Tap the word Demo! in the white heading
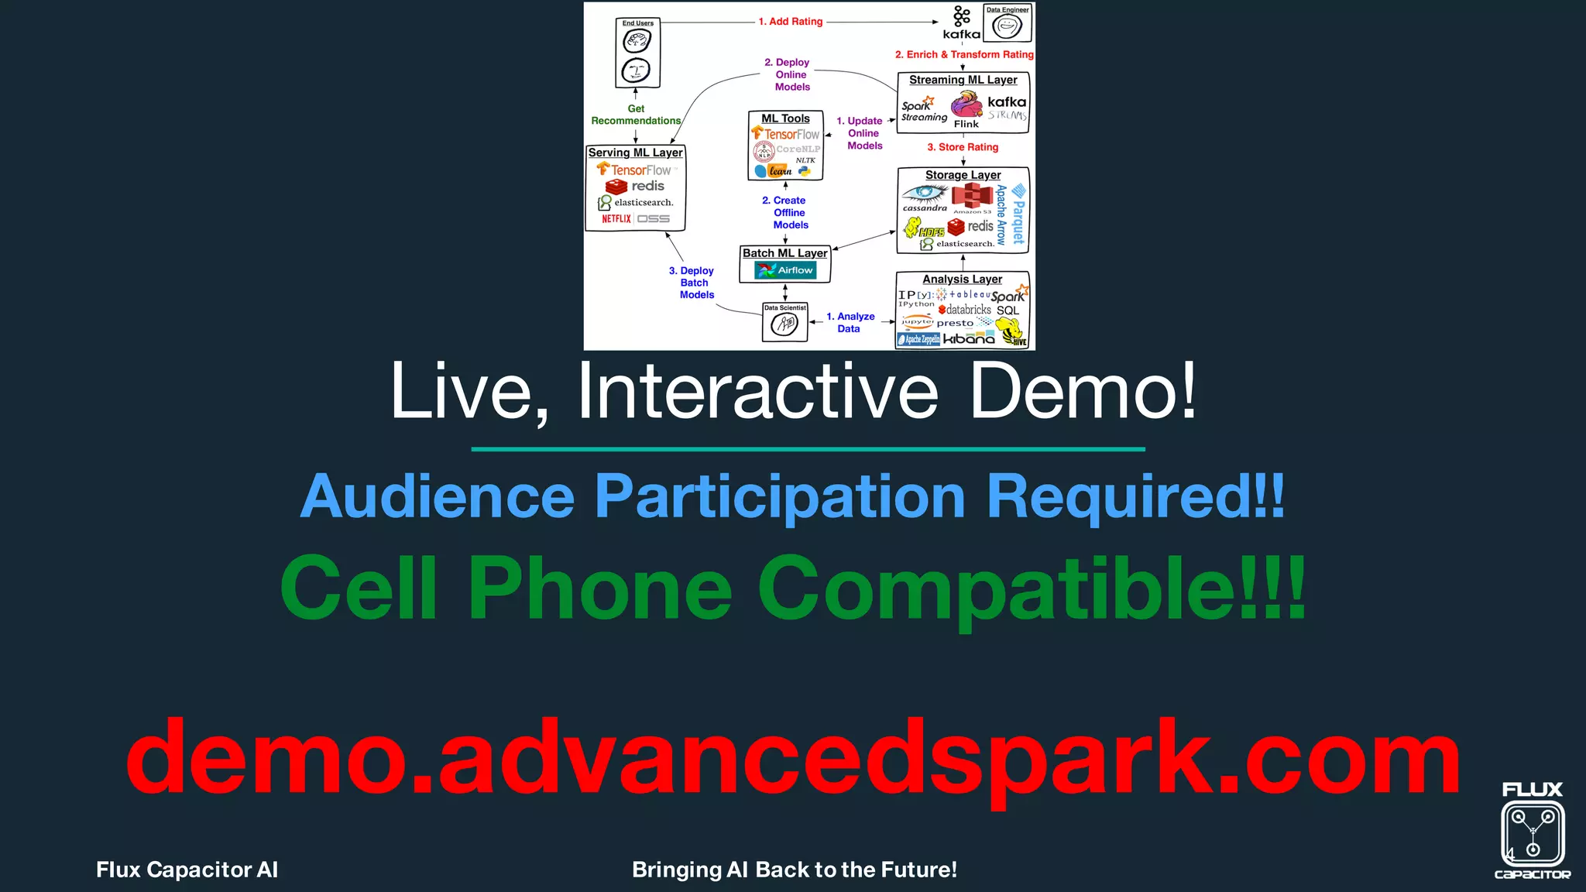[1083, 392]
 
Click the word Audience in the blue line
[438, 496]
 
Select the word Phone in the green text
[600, 588]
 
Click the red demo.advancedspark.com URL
[792, 757]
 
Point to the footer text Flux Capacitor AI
[187, 870]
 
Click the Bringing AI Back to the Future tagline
[794, 870]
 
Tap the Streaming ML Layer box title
[963, 80]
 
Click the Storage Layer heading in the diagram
[963, 175]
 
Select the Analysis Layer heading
[962, 279]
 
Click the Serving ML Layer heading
[635, 153]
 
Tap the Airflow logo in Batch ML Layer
[785, 270]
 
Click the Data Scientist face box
[784, 322]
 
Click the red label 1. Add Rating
[790, 22]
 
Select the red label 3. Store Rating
[963, 147]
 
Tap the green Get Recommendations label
[636, 115]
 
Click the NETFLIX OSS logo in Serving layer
[635, 219]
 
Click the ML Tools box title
[785, 118]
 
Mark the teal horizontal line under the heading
[808, 449]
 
